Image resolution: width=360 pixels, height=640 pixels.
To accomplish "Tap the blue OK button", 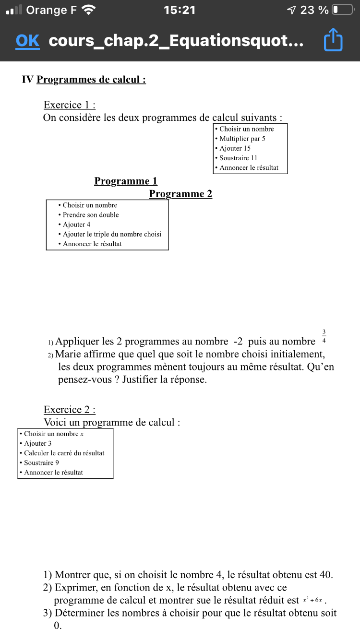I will click(27, 41).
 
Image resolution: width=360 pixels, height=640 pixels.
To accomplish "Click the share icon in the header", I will click(333, 40).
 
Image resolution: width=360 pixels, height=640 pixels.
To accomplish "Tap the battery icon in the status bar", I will click(342, 10).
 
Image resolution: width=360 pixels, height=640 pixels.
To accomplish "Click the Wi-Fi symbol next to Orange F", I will click(89, 10).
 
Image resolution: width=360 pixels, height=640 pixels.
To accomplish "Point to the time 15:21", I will click(180, 10).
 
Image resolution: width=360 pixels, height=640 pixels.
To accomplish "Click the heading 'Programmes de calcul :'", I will click(91, 80).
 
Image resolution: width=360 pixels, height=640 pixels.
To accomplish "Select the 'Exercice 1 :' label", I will click(70, 105).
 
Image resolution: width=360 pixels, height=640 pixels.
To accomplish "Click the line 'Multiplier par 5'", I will click(242, 139).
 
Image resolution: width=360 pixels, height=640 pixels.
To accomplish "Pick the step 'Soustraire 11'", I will click(238, 158).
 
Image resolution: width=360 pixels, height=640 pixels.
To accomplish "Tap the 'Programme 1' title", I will click(126, 181).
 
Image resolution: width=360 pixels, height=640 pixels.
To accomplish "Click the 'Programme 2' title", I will click(180, 194).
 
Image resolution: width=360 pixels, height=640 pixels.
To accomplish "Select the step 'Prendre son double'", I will click(91, 215).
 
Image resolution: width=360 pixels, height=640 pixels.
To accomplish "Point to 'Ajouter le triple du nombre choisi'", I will click(112, 234).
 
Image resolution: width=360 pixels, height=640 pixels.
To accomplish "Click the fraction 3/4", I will click(324, 336).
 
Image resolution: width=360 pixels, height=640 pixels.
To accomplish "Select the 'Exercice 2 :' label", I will click(70, 410).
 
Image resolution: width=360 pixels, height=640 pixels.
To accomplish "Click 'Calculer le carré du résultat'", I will click(64, 453).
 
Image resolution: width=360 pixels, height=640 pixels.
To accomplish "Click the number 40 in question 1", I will click(325, 575).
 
